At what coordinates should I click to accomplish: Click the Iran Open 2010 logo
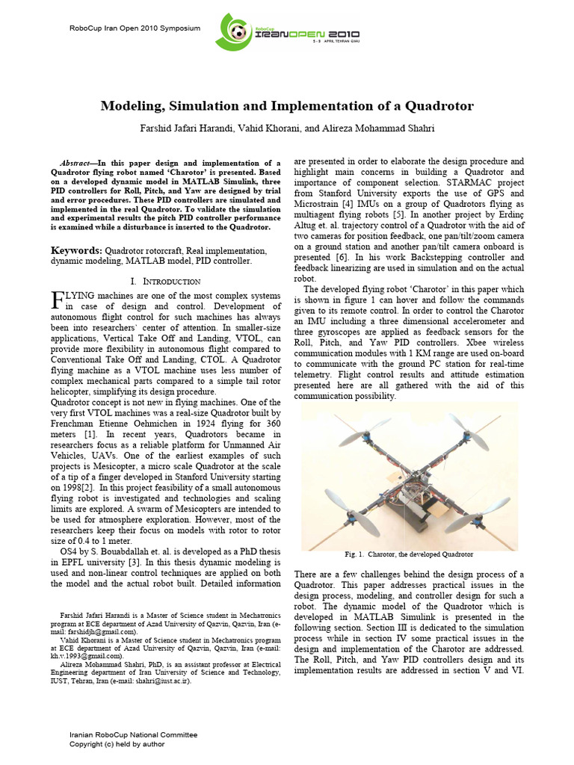point(287,34)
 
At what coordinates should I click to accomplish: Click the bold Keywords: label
point(76,250)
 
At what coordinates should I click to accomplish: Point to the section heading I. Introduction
point(165,282)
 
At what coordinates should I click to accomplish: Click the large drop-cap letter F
point(56,301)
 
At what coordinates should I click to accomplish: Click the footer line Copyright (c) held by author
point(117,744)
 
